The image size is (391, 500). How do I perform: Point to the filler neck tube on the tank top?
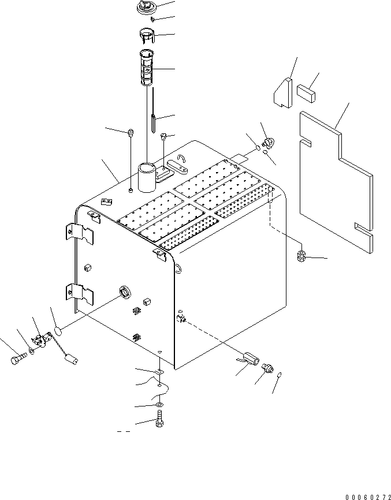pos(147,180)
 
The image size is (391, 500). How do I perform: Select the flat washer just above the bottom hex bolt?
pos(159,408)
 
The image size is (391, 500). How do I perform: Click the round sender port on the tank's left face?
pos(124,292)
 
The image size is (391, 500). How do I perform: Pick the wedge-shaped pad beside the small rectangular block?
pos(284,94)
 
